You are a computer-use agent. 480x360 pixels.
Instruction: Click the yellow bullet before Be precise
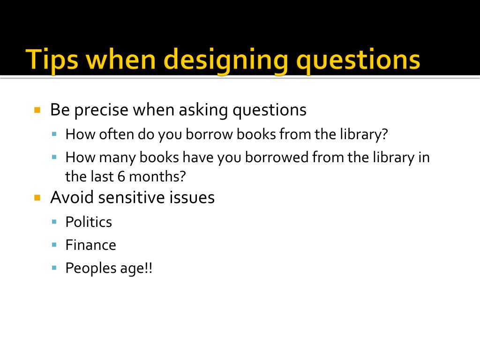click(38, 110)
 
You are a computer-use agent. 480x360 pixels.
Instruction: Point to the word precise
click(101, 110)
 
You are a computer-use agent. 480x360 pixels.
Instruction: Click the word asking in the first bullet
click(204, 110)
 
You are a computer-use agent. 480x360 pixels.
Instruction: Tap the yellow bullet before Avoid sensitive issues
click(38, 197)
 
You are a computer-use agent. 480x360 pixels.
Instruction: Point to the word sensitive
click(123, 197)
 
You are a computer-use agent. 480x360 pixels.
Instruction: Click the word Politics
click(89, 222)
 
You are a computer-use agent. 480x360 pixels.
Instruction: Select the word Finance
click(90, 245)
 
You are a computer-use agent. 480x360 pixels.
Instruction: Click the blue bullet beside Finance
click(54, 244)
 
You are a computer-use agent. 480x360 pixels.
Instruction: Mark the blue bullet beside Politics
click(54, 221)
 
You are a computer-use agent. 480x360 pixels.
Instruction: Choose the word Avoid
click(71, 197)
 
